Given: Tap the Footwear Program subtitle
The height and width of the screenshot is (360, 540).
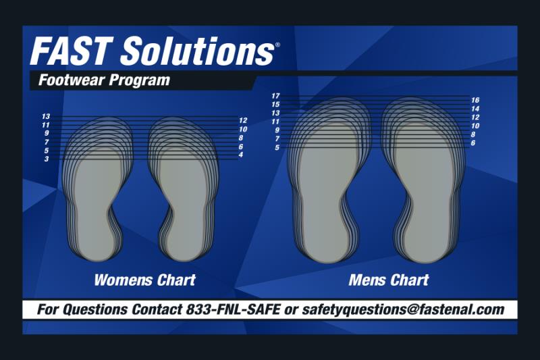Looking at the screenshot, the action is (x=105, y=80).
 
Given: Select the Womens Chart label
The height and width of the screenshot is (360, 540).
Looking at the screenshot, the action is (x=145, y=280).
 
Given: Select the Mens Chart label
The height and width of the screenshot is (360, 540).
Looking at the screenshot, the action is (x=389, y=280).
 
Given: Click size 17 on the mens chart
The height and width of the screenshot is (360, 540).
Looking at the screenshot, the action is (x=275, y=96).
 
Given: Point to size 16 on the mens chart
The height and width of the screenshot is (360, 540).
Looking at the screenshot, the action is (x=475, y=100).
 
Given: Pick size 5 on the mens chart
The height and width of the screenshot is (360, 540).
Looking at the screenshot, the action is (x=277, y=147).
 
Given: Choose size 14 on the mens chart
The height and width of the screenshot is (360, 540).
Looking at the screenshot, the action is (x=475, y=109).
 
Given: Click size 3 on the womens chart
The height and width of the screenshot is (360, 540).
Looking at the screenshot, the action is (x=47, y=159).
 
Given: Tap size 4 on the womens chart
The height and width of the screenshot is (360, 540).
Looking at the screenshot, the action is (x=241, y=155).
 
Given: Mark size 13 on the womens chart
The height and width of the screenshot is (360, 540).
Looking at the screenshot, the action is (x=46, y=116).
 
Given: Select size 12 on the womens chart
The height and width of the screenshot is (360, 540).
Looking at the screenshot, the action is (x=243, y=121).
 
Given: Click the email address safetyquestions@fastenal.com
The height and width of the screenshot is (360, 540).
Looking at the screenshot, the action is (x=403, y=309).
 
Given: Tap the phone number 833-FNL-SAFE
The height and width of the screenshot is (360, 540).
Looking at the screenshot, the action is (x=233, y=309).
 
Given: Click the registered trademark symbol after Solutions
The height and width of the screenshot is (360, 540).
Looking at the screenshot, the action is (x=277, y=45).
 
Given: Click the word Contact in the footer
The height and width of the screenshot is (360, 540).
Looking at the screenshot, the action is (x=157, y=309).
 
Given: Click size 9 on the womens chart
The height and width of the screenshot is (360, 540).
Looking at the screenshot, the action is (x=47, y=133).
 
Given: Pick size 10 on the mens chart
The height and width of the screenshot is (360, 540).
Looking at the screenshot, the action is (x=475, y=126).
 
